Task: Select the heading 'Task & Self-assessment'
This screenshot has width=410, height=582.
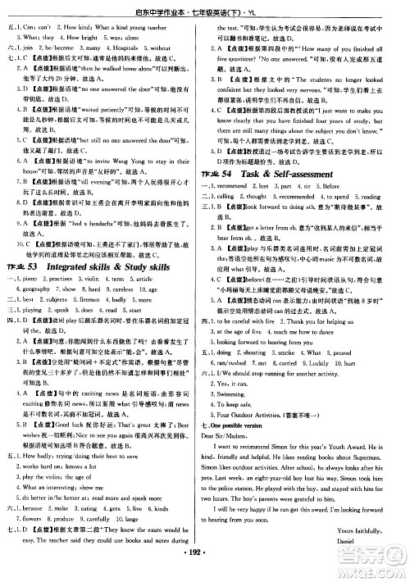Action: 307,185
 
